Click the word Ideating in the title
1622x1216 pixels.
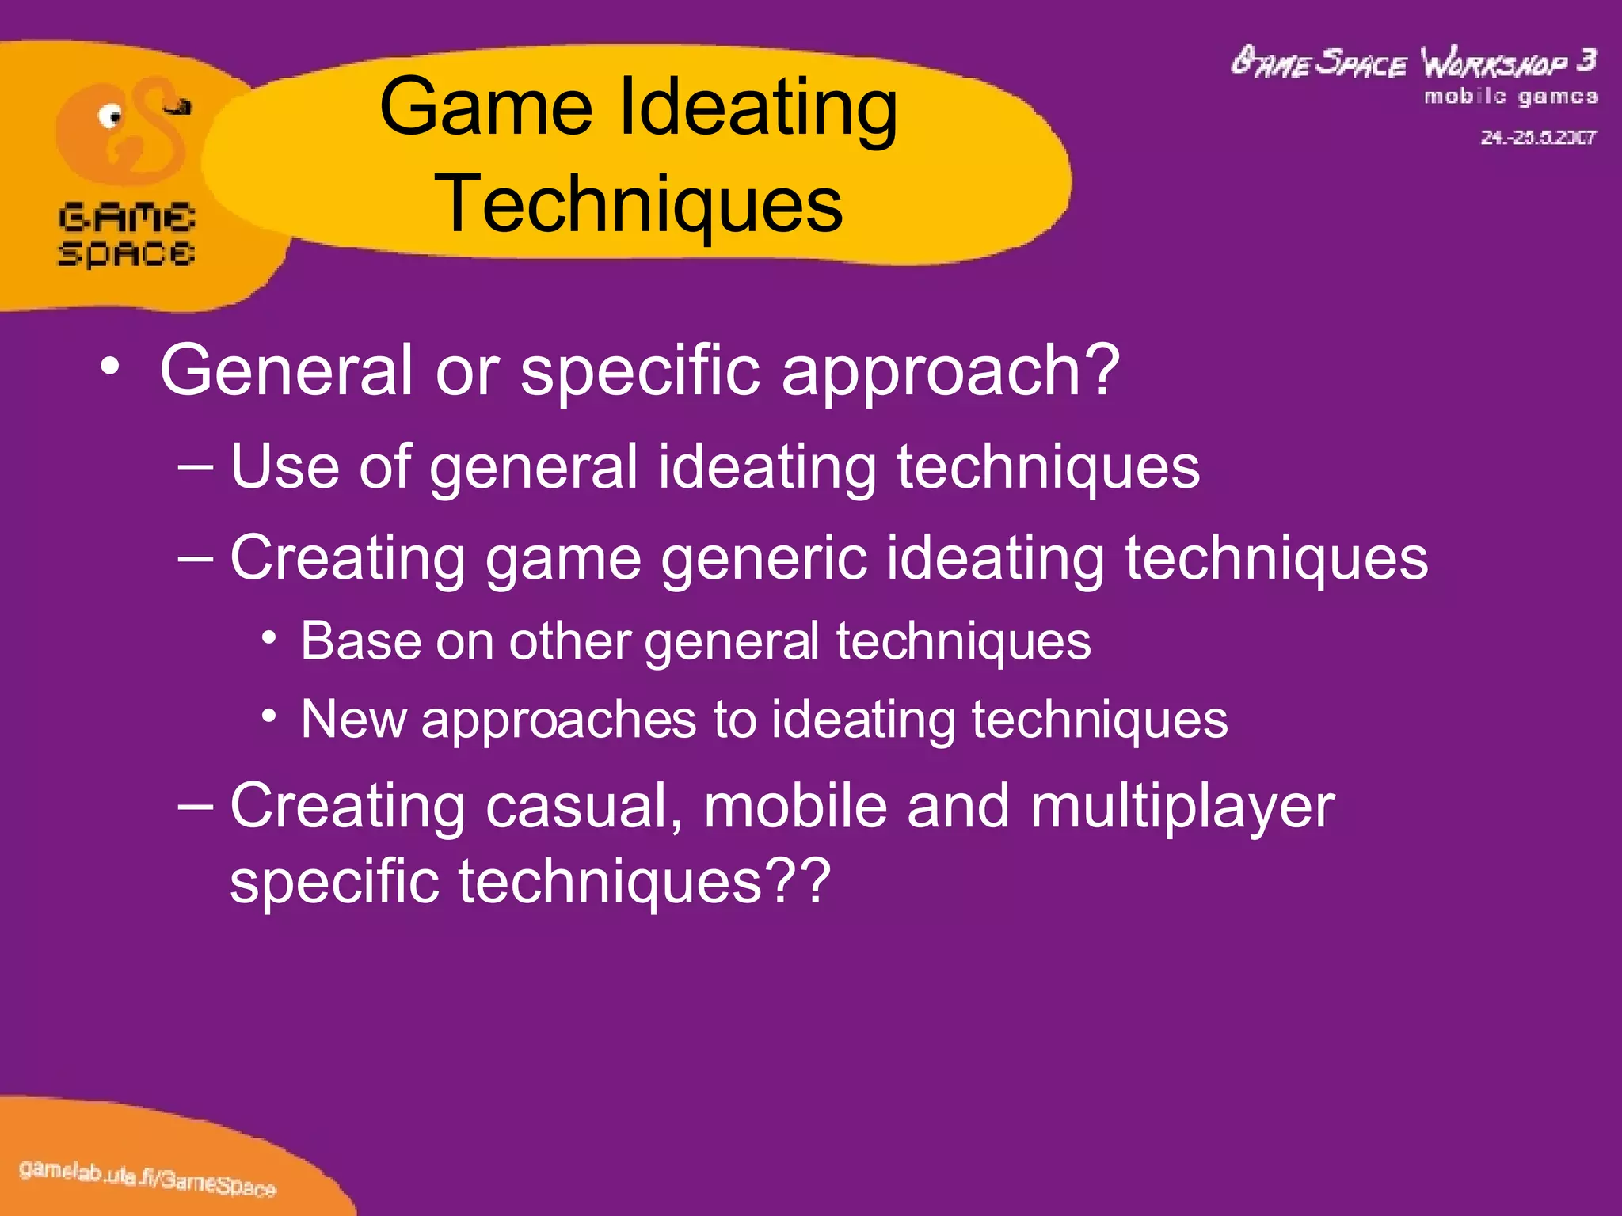pyautogui.click(x=757, y=108)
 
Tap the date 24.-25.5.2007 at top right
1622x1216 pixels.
pyautogui.click(x=1538, y=138)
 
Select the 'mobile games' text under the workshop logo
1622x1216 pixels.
pyautogui.click(x=1510, y=97)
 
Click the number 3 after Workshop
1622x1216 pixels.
pyautogui.click(x=1586, y=61)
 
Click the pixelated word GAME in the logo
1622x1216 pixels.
pyautogui.click(x=127, y=217)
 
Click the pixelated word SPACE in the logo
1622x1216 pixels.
pyautogui.click(x=127, y=253)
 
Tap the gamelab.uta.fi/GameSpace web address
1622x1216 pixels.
pyautogui.click(x=147, y=1176)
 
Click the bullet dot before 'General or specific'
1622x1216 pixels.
pyautogui.click(x=110, y=367)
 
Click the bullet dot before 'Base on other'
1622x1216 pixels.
pyautogui.click(x=270, y=637)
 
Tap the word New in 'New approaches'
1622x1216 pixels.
pyautogui.click(x=352, y=720)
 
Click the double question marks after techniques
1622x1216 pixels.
pyautogui.click(x=801, y=880)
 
